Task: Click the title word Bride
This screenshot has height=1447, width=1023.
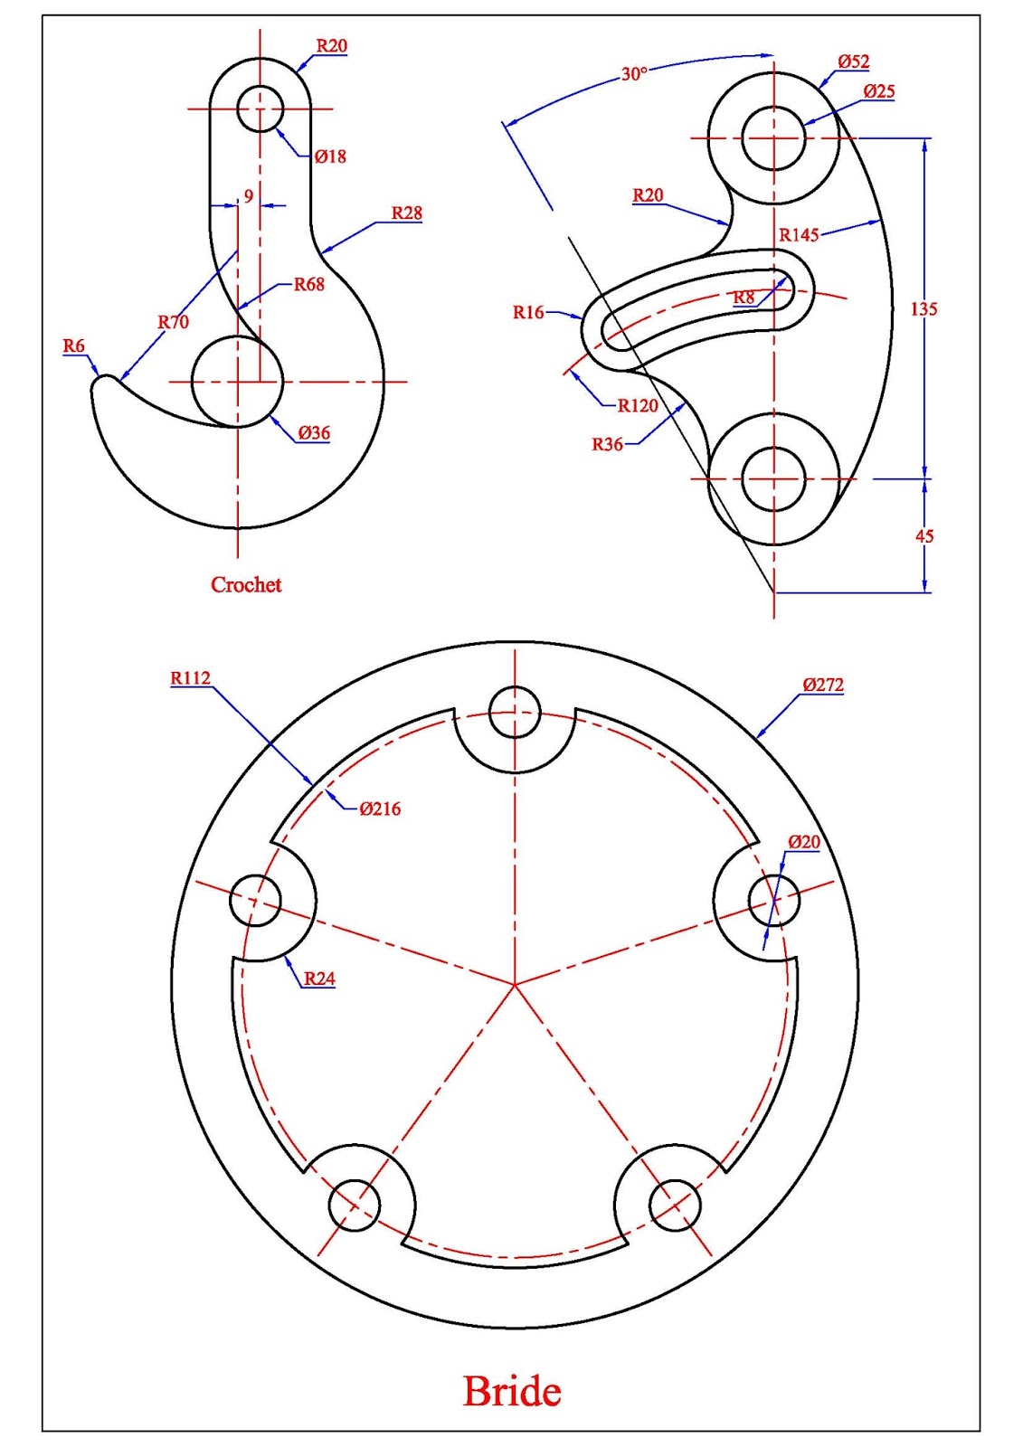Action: point(512,1391)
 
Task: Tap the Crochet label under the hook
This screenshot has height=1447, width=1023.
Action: point(246,585)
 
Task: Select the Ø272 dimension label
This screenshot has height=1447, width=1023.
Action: point(822,685)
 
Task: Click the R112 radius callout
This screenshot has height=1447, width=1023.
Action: point(190,678)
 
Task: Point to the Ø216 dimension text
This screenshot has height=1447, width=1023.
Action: point(380,809)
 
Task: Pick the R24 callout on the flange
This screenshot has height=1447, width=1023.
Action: point(319,979)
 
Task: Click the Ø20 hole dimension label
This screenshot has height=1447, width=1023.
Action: point(803,842)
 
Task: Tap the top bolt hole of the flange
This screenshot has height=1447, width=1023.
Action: point(515,713)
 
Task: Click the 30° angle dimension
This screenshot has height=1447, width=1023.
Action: point(634,74)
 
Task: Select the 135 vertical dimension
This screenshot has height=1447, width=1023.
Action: point(924,308)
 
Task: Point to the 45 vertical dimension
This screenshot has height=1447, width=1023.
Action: point(924,536)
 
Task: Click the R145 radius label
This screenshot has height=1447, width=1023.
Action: point(799,235)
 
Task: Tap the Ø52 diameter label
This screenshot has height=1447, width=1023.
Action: point(853,61)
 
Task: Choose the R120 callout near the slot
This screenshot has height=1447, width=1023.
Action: point(638,406)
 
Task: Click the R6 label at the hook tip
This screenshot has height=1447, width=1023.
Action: point(73,346)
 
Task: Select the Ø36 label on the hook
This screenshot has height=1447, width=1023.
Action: point(314,433)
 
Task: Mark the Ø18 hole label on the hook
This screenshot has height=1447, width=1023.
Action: point(330,156)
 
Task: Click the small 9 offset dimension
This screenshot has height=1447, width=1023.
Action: point(249,196)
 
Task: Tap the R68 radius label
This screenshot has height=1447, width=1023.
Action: point(308,284)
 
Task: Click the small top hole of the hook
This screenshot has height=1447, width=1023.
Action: point(260,109)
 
